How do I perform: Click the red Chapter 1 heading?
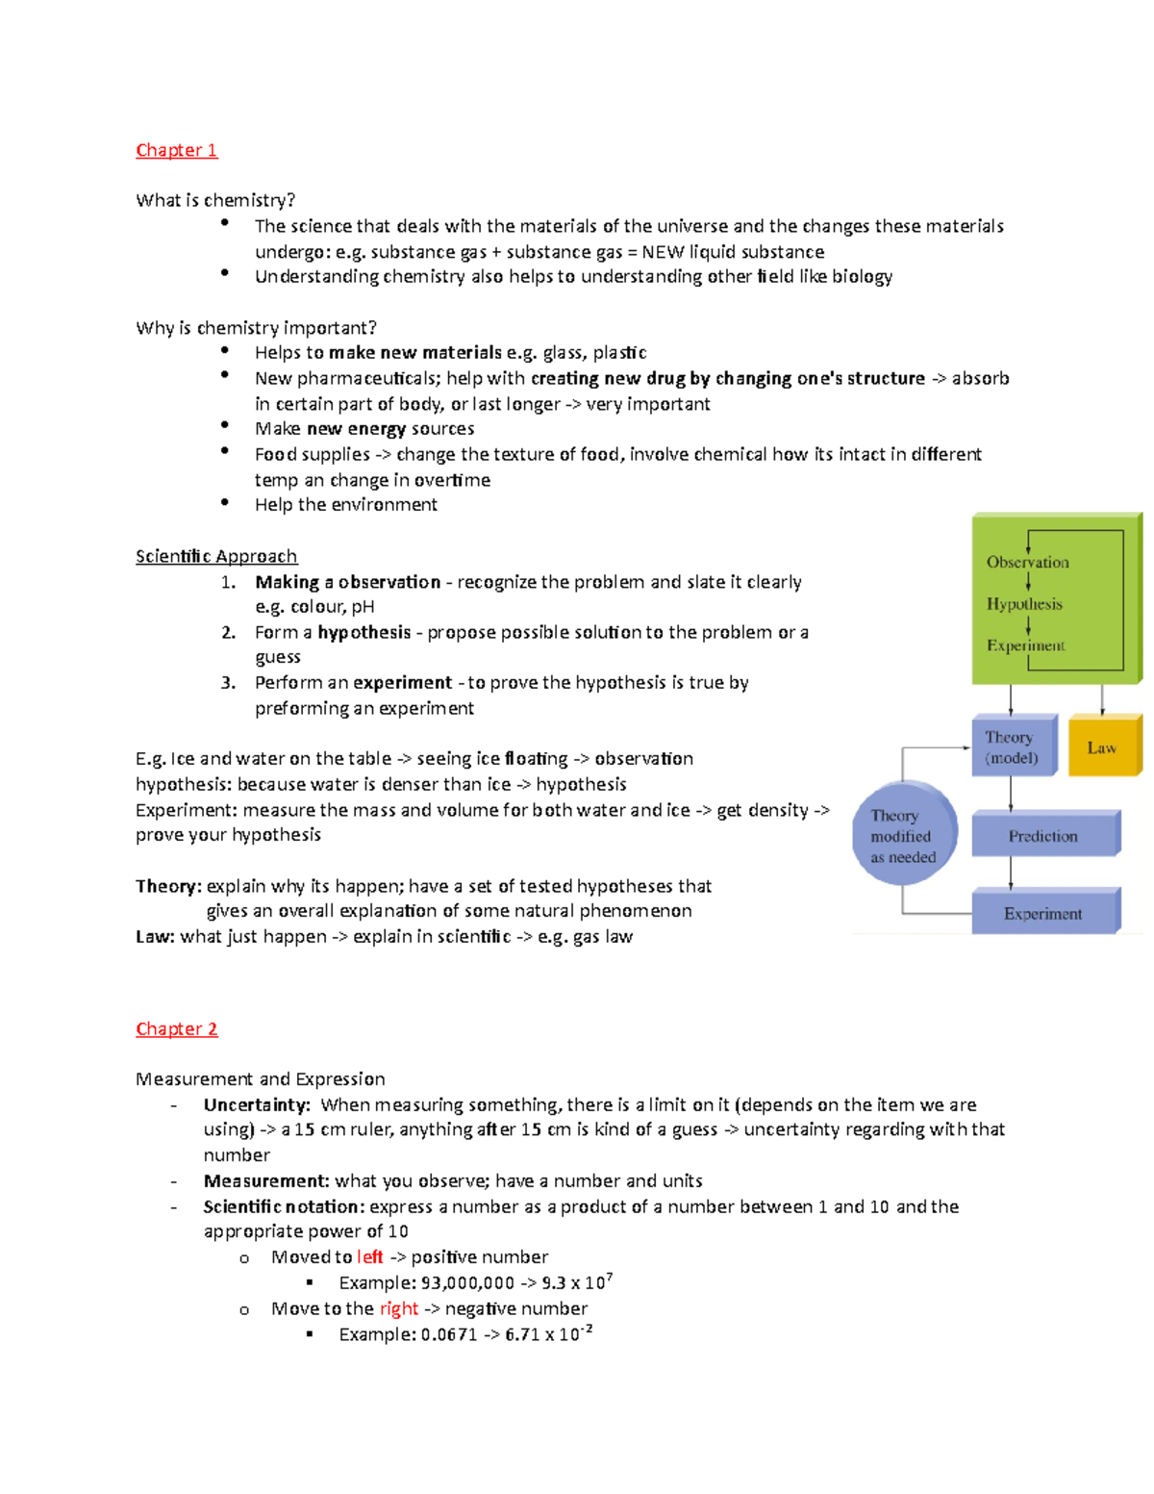176,150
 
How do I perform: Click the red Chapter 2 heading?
176,1028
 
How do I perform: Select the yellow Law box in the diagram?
1103,747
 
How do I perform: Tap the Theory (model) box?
1012,747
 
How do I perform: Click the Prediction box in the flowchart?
1043,835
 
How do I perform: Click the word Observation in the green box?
1027,562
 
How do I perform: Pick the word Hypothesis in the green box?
1024,604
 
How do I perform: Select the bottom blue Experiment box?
1043,913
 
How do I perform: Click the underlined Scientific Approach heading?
216,556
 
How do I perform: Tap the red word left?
369,1257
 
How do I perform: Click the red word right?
398,1308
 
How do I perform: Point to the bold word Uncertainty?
256,1104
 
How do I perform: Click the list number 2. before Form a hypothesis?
228,632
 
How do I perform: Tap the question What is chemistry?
215,200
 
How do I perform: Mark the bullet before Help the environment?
225,502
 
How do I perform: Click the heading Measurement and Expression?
260,1079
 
